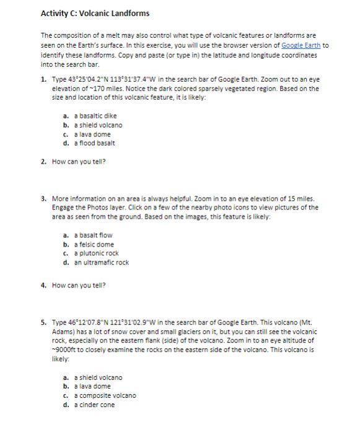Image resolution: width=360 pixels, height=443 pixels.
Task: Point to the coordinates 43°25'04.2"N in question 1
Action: [x=86, y=80]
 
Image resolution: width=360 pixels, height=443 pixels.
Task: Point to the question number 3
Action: [x=43, y=199]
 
